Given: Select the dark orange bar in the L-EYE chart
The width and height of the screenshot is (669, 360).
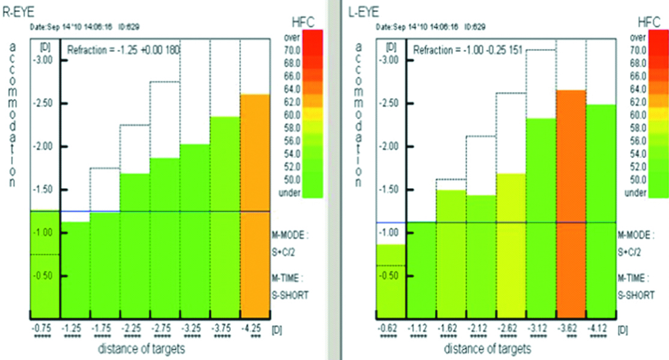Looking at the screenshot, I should pyautogui.click(x=571, y=204).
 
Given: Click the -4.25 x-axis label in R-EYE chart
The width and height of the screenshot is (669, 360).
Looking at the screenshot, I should pyautogui.click(x=255, y=329).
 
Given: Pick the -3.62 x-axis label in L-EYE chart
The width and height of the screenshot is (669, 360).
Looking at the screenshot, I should pyautogui.click(x=571, y=329).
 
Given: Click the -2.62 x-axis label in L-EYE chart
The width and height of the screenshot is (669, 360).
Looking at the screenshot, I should pyautogui.click(x=511, y=329).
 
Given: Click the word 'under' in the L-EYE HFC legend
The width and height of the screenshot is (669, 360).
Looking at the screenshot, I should pyautogui.click(x=636, y=192).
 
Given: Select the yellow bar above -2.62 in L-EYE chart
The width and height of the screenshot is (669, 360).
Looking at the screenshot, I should pyautogui.click(x=511, y=246).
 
